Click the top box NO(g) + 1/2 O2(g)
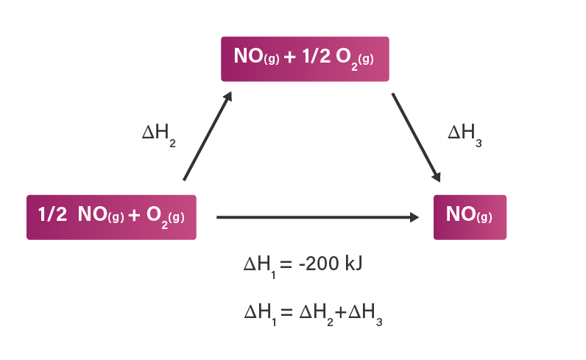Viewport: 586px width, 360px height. [x=305, y=59]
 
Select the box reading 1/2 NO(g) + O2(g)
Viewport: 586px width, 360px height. [x=111, y=217]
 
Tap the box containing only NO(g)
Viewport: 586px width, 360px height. [x=470, y=217]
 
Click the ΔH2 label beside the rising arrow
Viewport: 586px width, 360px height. [x=159, y=135]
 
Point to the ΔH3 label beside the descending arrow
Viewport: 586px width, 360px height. [x=465, y=135]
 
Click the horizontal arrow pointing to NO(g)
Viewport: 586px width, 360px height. [x=318, y=217]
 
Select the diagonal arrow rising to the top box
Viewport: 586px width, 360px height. [x=208, y=136]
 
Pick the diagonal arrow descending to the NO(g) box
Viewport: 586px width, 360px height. [x=416, y=137]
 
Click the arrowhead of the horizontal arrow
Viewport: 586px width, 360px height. [x=414, y=217]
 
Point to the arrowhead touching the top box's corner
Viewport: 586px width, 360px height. [x=227, y=96]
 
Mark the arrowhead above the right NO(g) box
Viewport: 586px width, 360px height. [x=437, y=177]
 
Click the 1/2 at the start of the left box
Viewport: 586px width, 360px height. [x=52, y=214]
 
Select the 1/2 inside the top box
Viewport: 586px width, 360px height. [x=316, y=57]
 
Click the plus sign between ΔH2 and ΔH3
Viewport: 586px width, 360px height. [x=341, y=311]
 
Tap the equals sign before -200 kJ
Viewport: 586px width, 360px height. [x=286, y=264]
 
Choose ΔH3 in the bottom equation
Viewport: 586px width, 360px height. [x=365, y=315]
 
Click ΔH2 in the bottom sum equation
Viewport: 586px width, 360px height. [x=316, y=315]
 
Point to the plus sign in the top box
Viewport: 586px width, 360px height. [x=289, y=57]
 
